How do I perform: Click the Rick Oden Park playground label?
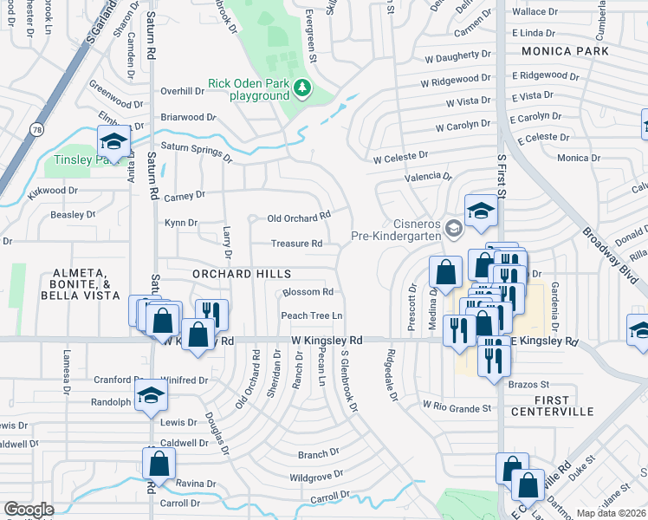[247, 90]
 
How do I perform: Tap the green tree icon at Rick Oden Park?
[301, 88]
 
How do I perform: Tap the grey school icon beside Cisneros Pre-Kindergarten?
[452, 228]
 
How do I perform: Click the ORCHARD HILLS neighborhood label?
[242, 274]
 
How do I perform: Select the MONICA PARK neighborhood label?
[565, 52]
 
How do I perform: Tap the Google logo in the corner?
[29, 510]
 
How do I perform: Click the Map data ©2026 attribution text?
[612, 513]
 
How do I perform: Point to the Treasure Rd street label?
[296, 244]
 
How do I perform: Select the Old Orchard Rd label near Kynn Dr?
[299, 217]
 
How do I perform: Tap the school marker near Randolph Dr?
[152, 399]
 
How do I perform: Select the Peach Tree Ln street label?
[311, 315]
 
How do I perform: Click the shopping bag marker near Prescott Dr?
[445, 272]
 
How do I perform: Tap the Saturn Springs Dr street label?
[197, 153]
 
